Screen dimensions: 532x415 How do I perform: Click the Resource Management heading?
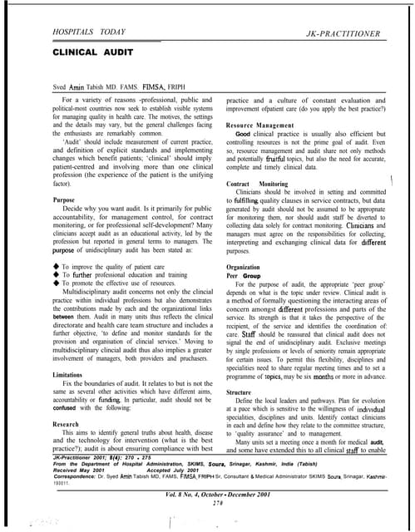click(265, 131)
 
